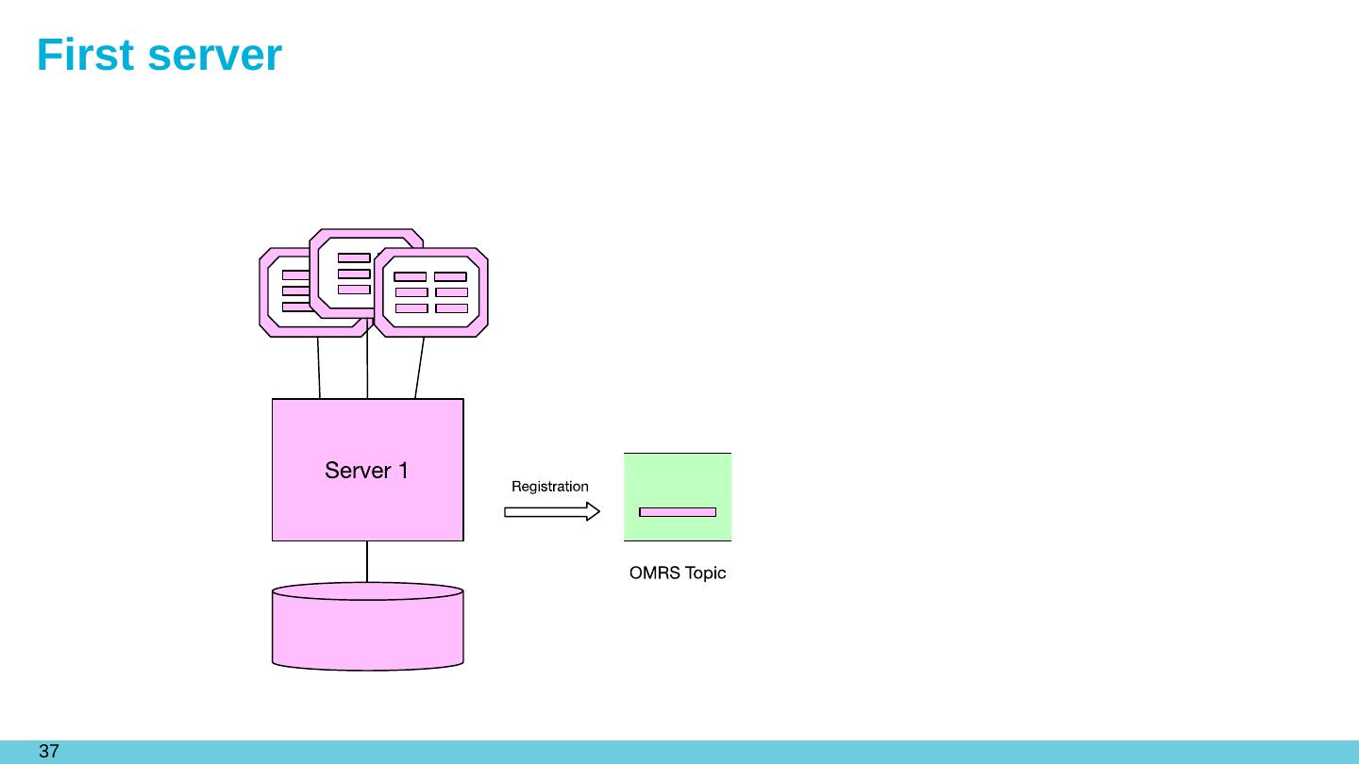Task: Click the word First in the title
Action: [x=87, y=56]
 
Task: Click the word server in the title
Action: [x=215, y=56]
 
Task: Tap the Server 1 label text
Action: [x=366, y=470]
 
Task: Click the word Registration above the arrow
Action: [x=549, y=487]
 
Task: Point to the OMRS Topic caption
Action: [x=678, y=573]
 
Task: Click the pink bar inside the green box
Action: [x=678, y=512]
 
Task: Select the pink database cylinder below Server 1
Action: [x=367, y=632]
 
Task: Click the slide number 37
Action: [x=49, y=752]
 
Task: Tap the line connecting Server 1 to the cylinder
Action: [x=367, y=562]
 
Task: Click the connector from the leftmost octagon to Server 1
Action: [x=319, y=368]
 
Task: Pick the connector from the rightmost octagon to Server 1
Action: [x=419, y=368]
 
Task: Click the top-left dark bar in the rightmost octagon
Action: [x=411, y=277]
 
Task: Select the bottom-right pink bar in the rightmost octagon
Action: [x=451, y=308]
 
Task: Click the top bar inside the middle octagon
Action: [x=354, y=257]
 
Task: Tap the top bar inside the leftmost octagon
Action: [x=295, y=275]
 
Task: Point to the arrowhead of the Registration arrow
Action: [x=594, y=512]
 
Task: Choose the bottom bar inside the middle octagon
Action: [x=354, y=290]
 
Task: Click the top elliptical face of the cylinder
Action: [x=367, y=591]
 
